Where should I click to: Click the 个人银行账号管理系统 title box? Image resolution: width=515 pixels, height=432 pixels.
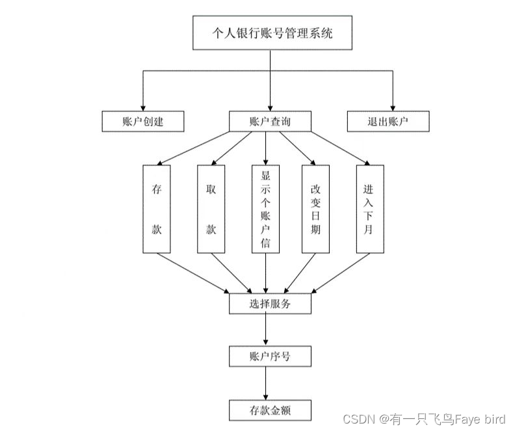(x=272, y=33)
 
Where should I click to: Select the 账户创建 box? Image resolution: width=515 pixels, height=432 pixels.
(x=143, y=121)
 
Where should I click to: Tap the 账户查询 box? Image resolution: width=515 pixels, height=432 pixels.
(x=270, y=121)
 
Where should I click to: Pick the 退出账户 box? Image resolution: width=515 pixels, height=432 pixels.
(x=388, y=121)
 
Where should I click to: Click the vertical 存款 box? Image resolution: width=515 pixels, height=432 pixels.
(x=156, y=209)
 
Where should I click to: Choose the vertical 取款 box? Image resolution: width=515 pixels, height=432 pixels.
(x=211, y=209)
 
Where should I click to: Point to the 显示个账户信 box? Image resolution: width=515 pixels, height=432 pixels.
(x=265, y=209)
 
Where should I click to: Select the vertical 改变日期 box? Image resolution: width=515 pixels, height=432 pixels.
(x=315, y=209)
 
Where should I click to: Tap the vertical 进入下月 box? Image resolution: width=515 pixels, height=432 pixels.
(x=369, y=209)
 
